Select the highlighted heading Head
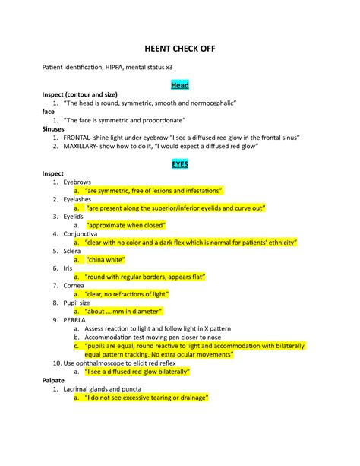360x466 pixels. tap(180, 85)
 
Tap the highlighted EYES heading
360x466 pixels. tap(180, 163)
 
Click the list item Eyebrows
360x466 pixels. tap(77, 182)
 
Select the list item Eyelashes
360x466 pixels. tap(79, 198)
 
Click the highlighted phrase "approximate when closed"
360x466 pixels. tap(125, 225)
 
